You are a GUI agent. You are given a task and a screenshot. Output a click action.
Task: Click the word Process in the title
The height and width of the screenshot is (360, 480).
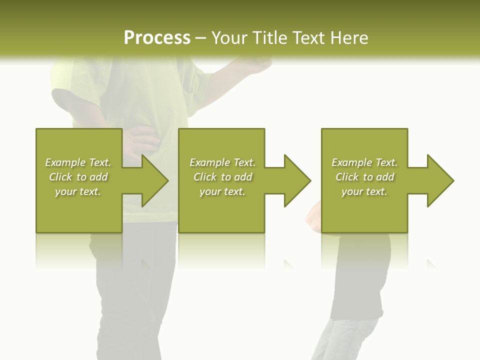coord(157,37)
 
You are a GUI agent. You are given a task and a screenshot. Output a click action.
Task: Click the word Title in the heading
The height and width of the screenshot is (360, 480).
coord(269,37)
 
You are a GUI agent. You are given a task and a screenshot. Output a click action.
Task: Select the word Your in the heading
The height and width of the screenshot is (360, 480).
coord(229,37)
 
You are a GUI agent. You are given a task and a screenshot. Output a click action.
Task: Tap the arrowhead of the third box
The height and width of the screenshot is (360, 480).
coord(440,180)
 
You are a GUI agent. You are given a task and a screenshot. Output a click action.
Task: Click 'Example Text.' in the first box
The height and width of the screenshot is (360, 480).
coord(78,162)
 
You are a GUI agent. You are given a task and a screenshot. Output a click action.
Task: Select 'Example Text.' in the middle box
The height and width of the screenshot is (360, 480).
coord(222,162)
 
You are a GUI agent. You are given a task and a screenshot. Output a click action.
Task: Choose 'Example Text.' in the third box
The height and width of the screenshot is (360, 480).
coord(364,162)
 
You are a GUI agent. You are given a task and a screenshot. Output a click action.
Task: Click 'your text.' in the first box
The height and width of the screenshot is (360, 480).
coord(78,191)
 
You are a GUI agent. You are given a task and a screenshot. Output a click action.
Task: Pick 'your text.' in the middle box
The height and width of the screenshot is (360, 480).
coord(222,191)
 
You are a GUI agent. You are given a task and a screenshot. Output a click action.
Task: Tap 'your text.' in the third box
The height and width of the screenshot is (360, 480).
coord(364,191)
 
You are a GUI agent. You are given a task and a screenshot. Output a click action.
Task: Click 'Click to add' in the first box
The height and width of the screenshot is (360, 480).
coord(78,177)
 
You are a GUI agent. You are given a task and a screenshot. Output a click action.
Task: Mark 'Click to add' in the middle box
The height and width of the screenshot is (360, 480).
coord(222,177)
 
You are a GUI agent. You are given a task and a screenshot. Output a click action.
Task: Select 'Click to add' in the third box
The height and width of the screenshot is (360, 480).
coord(364,177)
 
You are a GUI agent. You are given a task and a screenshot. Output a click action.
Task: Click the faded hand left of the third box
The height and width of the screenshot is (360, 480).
coord(313,217)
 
